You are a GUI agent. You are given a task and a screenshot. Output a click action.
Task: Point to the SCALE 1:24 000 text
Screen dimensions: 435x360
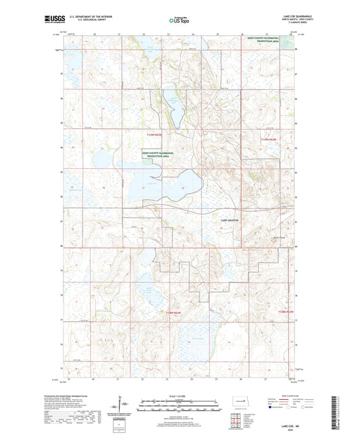[x=180, y=395]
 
